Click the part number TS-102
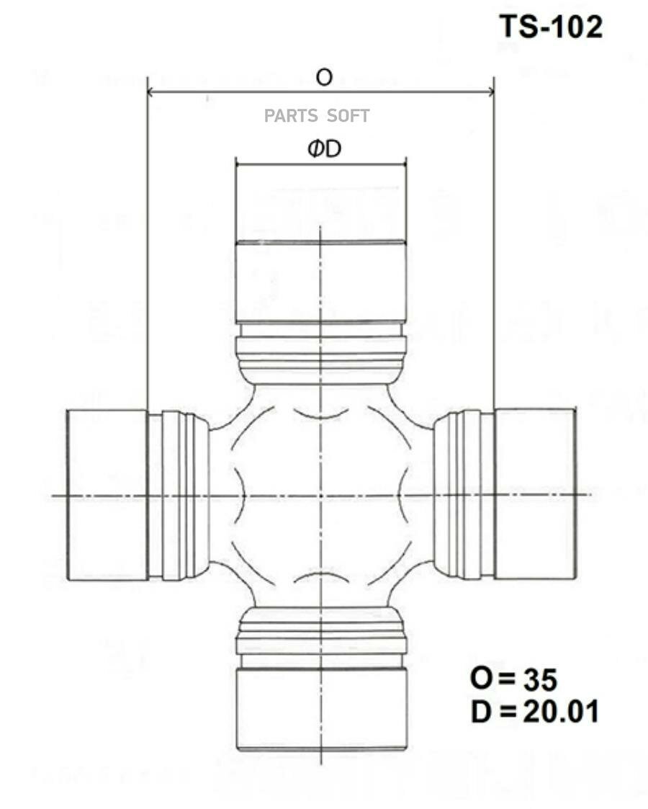tap(551, 27)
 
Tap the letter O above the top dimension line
tap(325, 77)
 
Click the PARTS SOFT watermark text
tap(317, 115)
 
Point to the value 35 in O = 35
tap(540, 679)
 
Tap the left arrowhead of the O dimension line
tap(150, 91)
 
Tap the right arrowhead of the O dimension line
tap(490, 91)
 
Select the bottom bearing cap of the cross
tap(321, 709)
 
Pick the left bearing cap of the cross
tap(107, 494)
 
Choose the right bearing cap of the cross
tap(535, 493)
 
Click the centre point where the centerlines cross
tap(320, 495)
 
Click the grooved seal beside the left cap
tap(180, 495)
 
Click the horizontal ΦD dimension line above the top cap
tap(321, 164)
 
